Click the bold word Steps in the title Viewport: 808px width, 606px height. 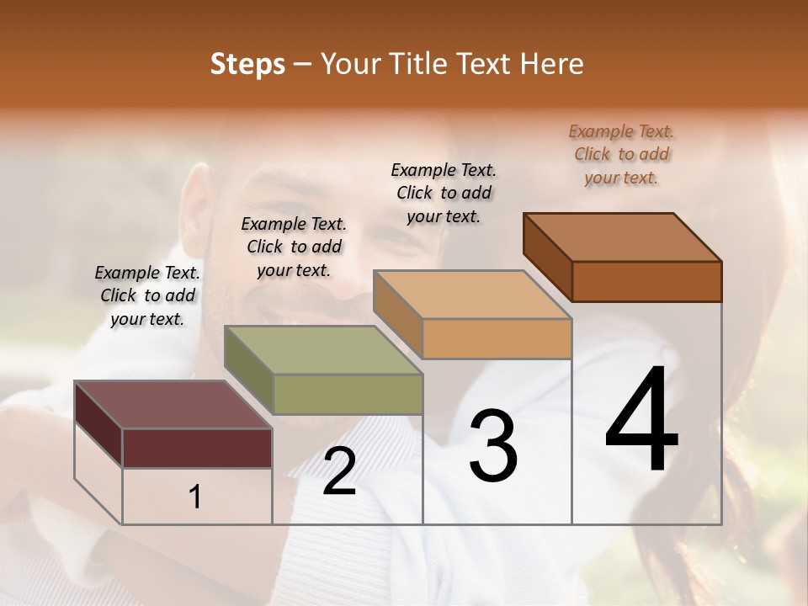247,64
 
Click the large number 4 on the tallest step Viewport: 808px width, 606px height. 641,421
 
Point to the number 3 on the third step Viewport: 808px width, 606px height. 493,445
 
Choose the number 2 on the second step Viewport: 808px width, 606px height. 339,471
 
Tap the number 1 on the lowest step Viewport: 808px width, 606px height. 195,497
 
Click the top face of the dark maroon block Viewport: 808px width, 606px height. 173,405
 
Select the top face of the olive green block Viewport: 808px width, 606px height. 323,350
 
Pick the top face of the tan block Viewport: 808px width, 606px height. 472,295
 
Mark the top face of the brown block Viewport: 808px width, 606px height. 622,237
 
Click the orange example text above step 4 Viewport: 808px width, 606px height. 621,154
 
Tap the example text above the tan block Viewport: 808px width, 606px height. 444,193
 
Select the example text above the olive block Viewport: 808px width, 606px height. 294,247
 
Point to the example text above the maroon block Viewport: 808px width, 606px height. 147,295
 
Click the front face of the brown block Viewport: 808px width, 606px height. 646,281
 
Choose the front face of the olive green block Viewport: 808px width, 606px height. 348,394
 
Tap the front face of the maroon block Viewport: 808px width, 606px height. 197,448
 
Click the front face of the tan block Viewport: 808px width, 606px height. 497,338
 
